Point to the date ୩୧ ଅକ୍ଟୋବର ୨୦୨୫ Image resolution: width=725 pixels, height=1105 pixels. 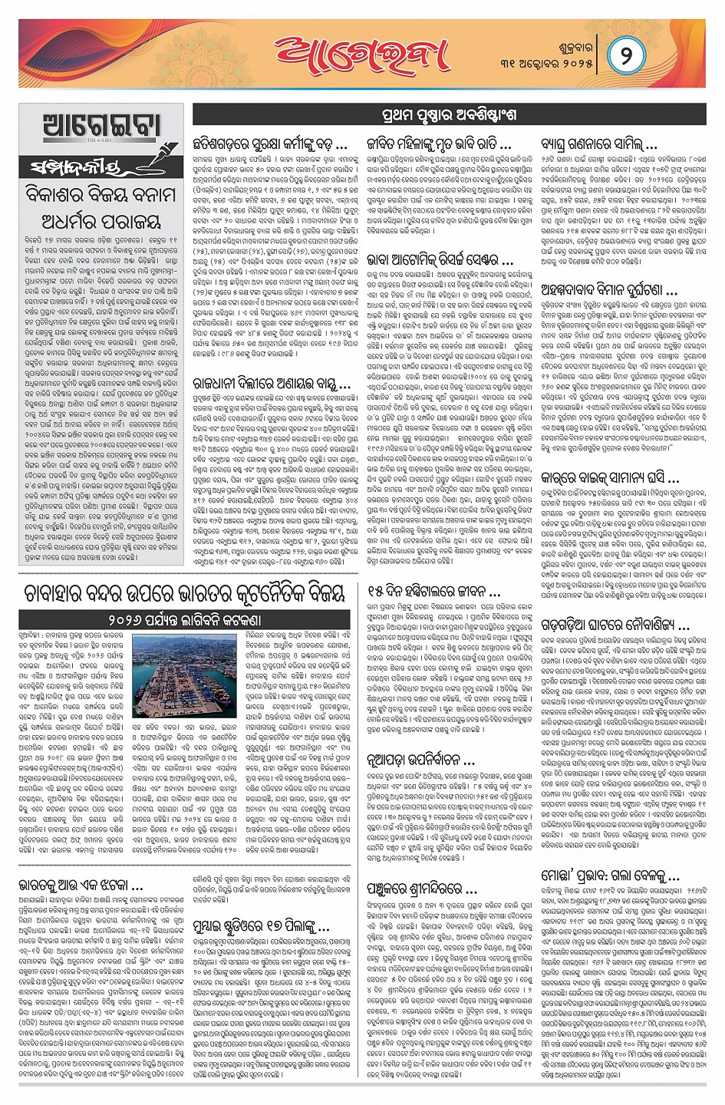click(x=553, y=64)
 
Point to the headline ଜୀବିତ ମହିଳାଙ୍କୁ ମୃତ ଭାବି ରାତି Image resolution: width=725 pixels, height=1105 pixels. click(x=440, y=143)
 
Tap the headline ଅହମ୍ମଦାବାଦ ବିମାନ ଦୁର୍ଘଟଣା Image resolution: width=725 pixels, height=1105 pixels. click(x=608, y=291)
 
